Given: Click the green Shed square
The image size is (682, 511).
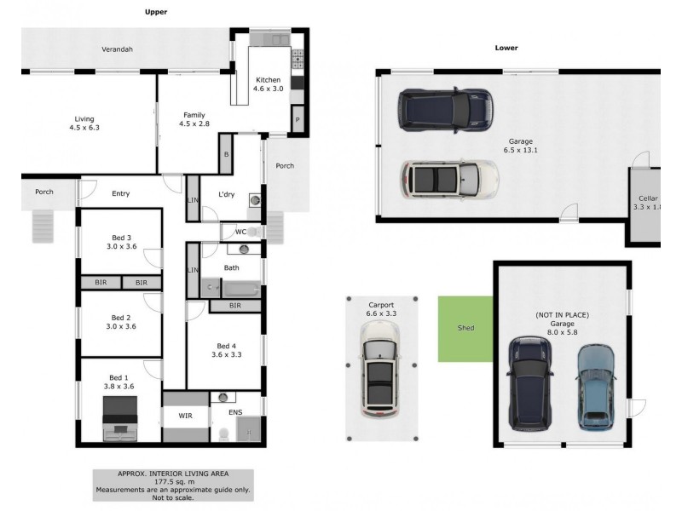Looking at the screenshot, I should tap(465, 328).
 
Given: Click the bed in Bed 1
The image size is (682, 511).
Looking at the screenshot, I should tap(119, 422).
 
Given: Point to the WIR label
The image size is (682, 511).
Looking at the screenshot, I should tap(186, 416).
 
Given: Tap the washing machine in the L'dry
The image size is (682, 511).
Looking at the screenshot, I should tap(254, 201).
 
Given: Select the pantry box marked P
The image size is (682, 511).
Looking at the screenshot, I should tap(298, 121).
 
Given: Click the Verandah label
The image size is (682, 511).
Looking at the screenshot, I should tap(117, 49).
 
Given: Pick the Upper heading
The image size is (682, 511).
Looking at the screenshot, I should tap(155, 12).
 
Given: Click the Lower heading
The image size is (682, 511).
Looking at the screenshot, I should tap(506, 48).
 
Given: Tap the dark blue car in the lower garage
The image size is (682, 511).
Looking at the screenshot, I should tap(529, 383).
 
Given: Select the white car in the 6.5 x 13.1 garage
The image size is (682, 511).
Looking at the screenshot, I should tap(449, 179).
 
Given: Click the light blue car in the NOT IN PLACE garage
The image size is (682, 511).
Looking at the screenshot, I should tap(596, 386).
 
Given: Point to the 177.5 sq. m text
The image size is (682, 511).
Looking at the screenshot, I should tap(173, 482).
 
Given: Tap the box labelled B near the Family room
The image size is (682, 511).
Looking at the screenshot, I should tap(226, 154).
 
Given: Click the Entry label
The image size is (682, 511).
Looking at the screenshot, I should tap(120, 193).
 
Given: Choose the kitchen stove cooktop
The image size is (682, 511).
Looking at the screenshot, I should tap(298, 59).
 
